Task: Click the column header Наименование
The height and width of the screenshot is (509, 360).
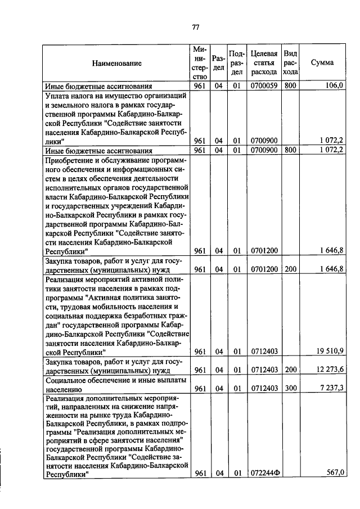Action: coord(118,64)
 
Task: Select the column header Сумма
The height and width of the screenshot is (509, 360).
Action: coord(322,63)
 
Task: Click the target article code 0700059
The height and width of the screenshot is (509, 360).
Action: coord(264,86)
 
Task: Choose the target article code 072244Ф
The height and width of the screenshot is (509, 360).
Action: coord(265,473)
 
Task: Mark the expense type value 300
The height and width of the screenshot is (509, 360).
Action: coord(290,389)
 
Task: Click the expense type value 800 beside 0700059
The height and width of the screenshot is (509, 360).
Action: coord(290,86)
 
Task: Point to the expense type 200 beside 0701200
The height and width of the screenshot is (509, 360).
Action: coord(290,269)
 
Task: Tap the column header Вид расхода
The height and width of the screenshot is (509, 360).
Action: coord(290,63)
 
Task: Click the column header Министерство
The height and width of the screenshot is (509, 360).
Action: coord(199,63)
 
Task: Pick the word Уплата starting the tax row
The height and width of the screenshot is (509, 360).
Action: coord(57,96)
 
